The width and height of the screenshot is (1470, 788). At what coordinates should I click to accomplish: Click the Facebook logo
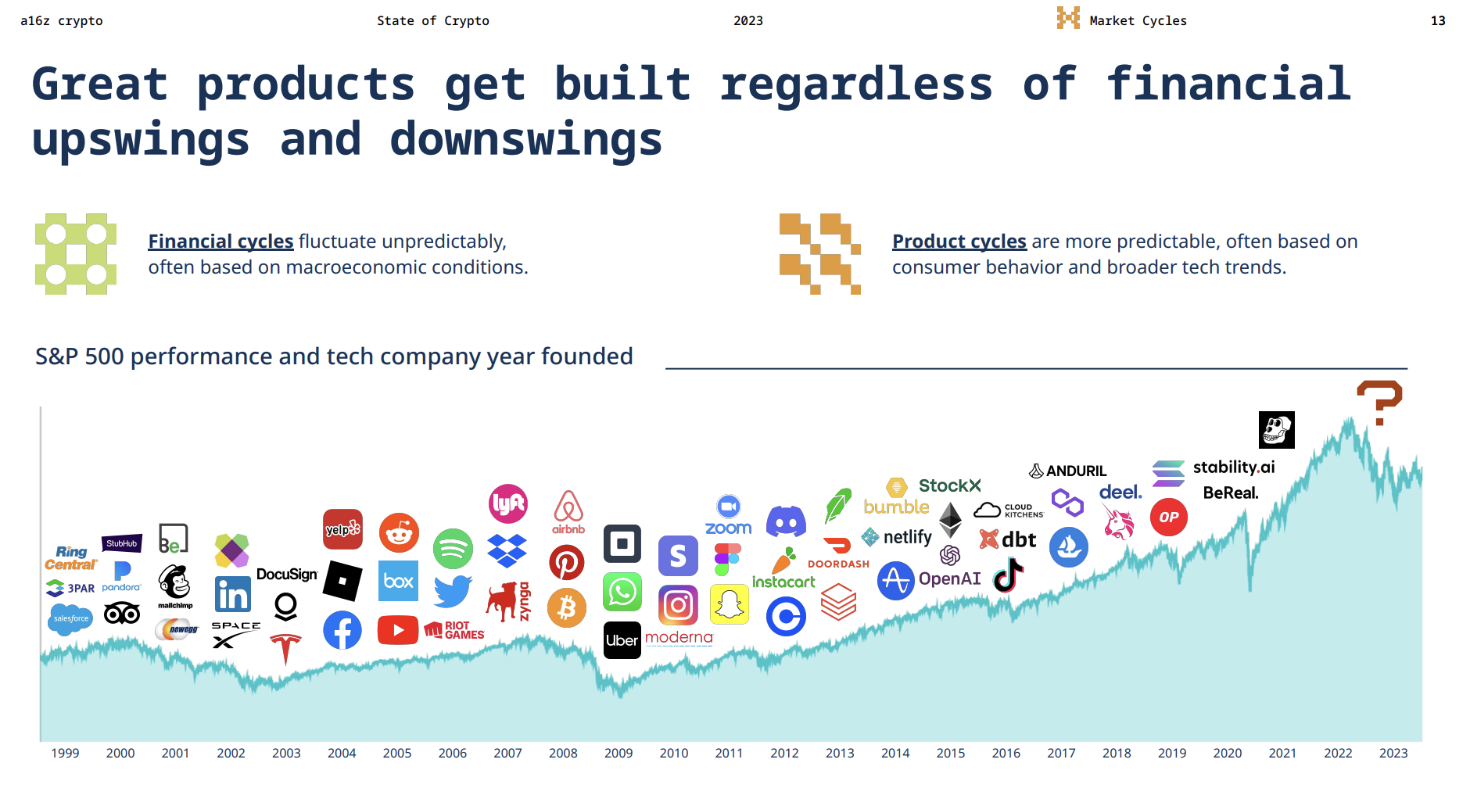click(x=342, y=630)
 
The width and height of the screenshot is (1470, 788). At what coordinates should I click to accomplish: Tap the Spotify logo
click(x=453, y=549)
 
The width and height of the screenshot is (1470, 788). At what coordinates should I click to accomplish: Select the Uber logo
click(x=622, y=640)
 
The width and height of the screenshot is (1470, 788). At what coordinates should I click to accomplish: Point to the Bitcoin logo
click(x=567, y=607)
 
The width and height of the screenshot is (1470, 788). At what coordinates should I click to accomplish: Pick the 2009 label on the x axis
click(x=618, y=753)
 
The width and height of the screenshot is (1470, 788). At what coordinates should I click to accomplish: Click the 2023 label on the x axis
click(x=1393, y=753)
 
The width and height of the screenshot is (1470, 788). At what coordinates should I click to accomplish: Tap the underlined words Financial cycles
click(x=220, y=242)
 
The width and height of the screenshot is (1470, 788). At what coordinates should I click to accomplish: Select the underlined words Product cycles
click(x=959, y=242)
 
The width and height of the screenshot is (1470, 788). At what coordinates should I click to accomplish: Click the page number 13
click(x=1437, y=21)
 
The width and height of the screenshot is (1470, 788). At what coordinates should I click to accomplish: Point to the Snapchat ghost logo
click(x=730, y=604)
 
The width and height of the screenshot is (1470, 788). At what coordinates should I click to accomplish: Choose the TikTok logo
click(x=1008, y=576)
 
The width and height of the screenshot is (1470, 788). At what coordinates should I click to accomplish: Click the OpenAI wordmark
click(x=949, y=578)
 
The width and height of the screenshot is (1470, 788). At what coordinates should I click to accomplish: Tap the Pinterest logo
click(x=567, y=563)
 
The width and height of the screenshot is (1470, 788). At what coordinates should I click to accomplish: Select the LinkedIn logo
click(x=233, y=595)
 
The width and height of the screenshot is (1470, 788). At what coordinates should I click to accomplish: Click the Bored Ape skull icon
click(x=1276, y=430)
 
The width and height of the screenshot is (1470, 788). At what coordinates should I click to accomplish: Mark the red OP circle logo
click(x=1168, y=517)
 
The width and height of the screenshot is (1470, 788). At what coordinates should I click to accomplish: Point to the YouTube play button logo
click(x=397, y=630)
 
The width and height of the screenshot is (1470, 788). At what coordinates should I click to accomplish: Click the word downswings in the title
click(x=525, y=139)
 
